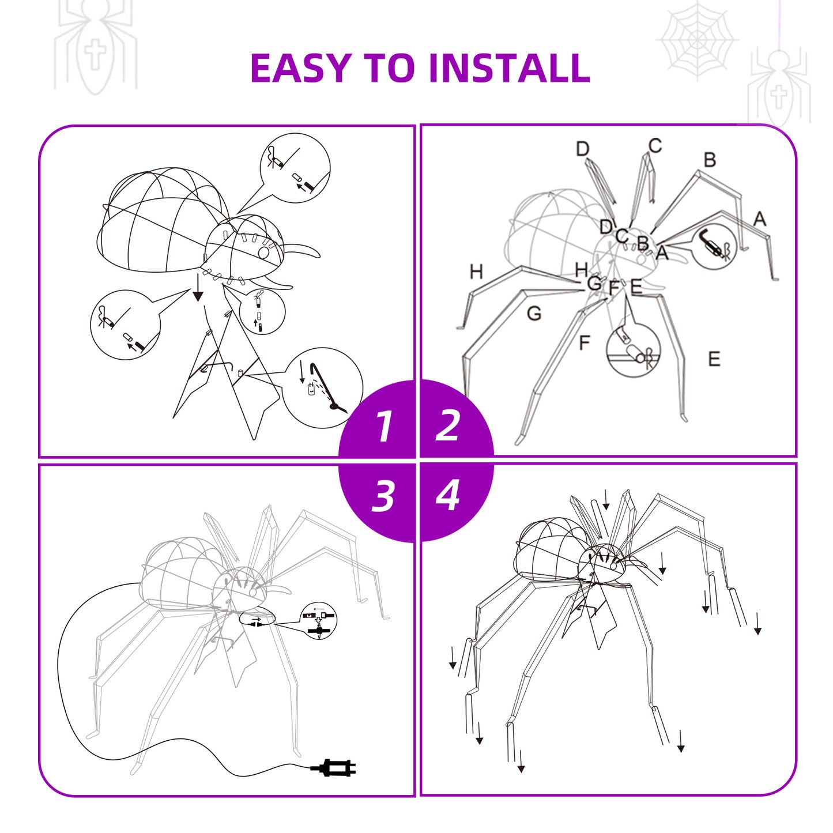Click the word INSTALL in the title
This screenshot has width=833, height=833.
click(x=508, y=68)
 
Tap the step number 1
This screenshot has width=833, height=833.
click(x=384, y=426)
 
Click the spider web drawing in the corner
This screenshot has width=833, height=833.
click(x=696, y=41)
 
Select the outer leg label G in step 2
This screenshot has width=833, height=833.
click(x=534, y=314)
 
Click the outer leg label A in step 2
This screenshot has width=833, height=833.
click(x=760, y=218)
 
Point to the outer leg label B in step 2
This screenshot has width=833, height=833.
click(x=710, y=160)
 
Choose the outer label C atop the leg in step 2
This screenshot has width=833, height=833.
click(x=655, y=146)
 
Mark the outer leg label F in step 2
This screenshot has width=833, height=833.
click(x=585, y=343)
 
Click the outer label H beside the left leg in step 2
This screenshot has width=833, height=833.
click(x=476, y=272)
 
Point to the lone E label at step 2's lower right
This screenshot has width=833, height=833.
click(x=714, y=359)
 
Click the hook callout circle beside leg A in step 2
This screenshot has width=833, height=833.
click(x=715, y=248)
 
